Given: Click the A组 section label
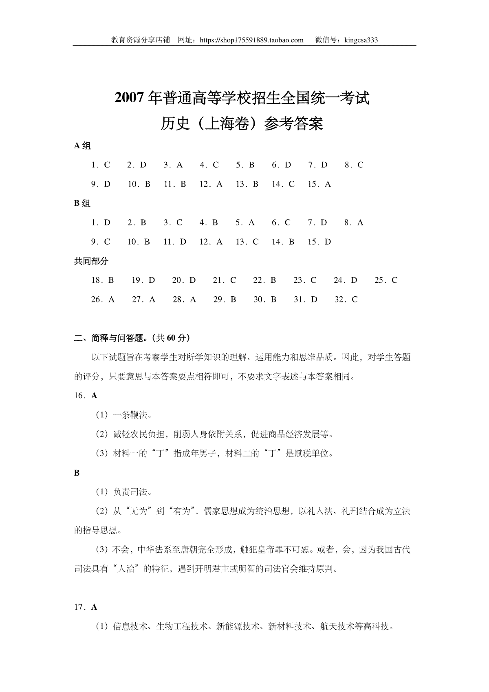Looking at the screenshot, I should click(83, 145).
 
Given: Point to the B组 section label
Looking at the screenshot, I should click(83, 203).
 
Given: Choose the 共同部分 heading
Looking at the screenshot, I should click(91, 261).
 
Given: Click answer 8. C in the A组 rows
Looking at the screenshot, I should click(354, 165).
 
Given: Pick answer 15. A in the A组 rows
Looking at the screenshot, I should click(319, 184).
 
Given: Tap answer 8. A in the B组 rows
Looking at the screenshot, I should click(354, 223).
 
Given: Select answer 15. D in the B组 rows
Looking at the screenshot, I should click(319, 242).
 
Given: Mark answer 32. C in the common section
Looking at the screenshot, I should click(346, 300).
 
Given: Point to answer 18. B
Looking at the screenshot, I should click(103, 280).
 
